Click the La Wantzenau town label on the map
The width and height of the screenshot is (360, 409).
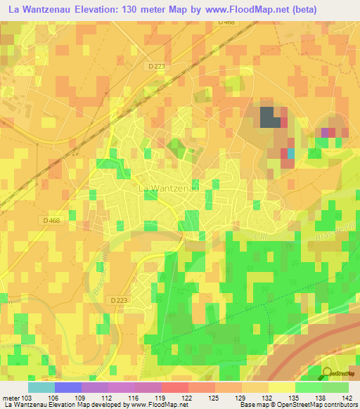tap(167, 188)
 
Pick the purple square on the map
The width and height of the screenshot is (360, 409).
tap(326, 131)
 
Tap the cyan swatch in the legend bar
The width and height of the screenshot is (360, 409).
tap(41, 387)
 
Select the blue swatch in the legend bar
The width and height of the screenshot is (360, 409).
tap(68, 387)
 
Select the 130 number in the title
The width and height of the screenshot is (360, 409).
tap(137, 9)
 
